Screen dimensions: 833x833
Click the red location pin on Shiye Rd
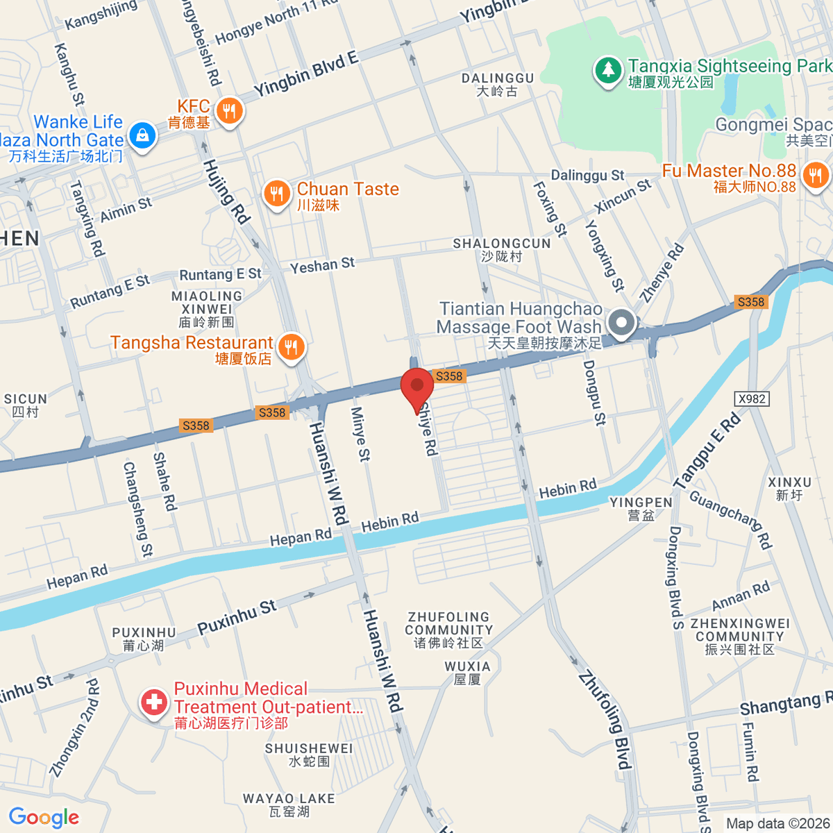[x=417, y=387]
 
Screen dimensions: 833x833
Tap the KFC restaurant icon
[x=228, y=111]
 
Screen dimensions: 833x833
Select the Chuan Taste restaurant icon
[x=277, y=194]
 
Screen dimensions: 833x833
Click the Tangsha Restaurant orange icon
[x=291, y=347]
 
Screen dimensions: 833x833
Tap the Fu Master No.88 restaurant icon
[x=816, y=174]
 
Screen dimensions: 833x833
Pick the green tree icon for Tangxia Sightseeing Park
[x=608, y=70]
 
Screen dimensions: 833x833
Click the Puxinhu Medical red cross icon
[x=154, y=702]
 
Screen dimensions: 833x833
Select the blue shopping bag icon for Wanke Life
[x=142, y=135]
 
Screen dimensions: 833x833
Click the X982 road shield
[x=752, y=398]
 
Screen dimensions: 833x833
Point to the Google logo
[x=44, y=817]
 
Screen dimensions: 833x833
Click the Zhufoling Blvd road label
[x=603, y=720]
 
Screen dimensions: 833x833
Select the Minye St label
[x=360, y=434]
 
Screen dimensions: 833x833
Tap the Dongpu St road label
[x=594, y=392]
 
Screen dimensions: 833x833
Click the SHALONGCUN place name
[x=501, y=244]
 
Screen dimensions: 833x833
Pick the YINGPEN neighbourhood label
[x=640, y=503]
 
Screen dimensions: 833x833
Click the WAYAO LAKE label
[x=289, y=799]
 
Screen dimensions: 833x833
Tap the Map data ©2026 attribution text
[x=777, y=823]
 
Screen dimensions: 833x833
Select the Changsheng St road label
[x=137, y=509]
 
